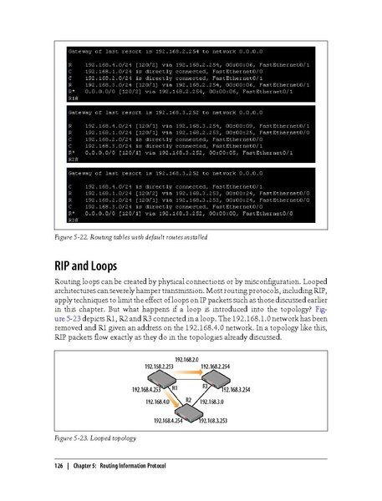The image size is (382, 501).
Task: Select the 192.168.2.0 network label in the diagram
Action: pyautogui.click(x=188, y=357)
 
